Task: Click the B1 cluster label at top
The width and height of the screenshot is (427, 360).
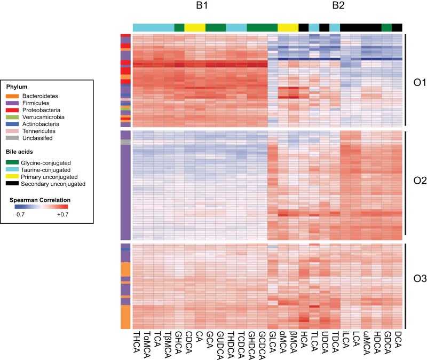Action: pos(201,7)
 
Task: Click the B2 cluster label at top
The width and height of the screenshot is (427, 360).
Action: pos(339,7)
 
